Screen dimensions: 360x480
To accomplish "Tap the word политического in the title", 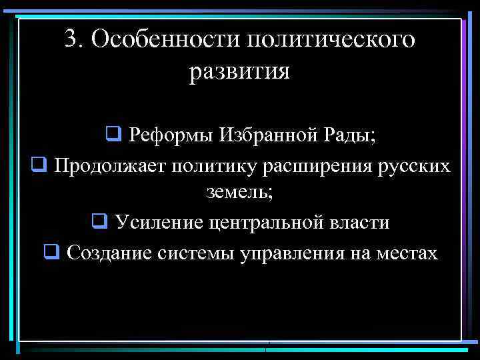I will tap(330, 41).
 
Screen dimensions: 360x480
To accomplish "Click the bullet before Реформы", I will tap(112, 135).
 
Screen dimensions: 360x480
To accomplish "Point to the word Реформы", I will tap(165, 135).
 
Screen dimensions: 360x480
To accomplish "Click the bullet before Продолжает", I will tap(38, 164).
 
